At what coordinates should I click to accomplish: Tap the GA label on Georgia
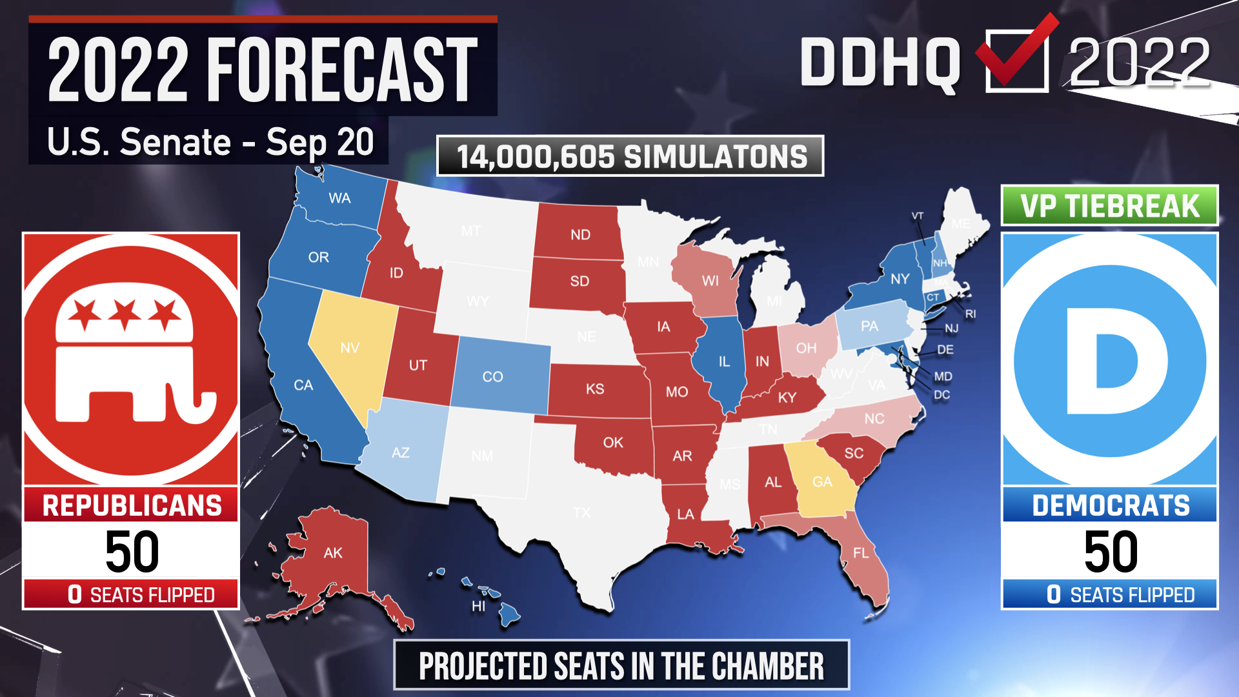tap(822, 482)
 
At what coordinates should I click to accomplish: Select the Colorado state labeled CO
tap(493, 377)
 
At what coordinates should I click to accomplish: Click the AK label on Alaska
tap(333, 553)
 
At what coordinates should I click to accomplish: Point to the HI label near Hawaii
tap(478, 607)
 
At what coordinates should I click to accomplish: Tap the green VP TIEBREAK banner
tap(1109, 207)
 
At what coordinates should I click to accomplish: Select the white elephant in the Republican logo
tap(129, 361)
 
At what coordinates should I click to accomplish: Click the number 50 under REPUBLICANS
tap(132, 552)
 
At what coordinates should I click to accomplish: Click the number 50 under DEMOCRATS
tap(1111, 552)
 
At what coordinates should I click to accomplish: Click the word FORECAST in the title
tap(342, 70)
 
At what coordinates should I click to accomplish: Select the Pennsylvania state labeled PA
tap(869, 327)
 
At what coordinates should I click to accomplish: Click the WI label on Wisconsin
tap(710, 281)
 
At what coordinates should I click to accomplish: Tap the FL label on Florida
tap(861, 553)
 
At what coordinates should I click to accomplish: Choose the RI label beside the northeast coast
tap(971, 314)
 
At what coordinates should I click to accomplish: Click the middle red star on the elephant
tap(125, 314)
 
